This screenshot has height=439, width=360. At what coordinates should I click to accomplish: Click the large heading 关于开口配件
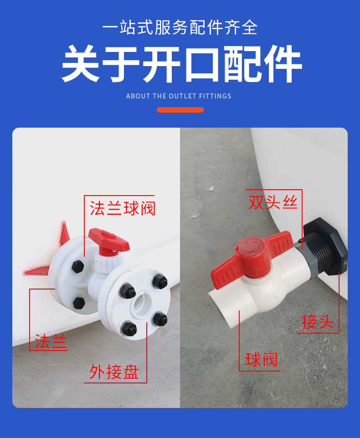click(181, 64)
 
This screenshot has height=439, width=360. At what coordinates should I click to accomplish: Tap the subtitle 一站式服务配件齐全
click(180, 28)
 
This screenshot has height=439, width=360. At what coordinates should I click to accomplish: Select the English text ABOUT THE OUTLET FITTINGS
click(179, 96)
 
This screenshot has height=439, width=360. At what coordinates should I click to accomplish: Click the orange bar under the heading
click(180, 110)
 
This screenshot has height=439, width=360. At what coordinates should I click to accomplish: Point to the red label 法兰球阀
click(123, 208)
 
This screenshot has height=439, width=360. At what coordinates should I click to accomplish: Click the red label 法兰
click(51, 341)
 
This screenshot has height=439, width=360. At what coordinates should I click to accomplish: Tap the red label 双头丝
click(273, 202)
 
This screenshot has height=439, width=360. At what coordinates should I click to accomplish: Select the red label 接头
click(318, 322)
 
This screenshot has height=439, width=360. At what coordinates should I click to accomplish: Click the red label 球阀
click(261, 360)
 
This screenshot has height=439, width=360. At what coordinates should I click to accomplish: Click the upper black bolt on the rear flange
click(77, 266)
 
